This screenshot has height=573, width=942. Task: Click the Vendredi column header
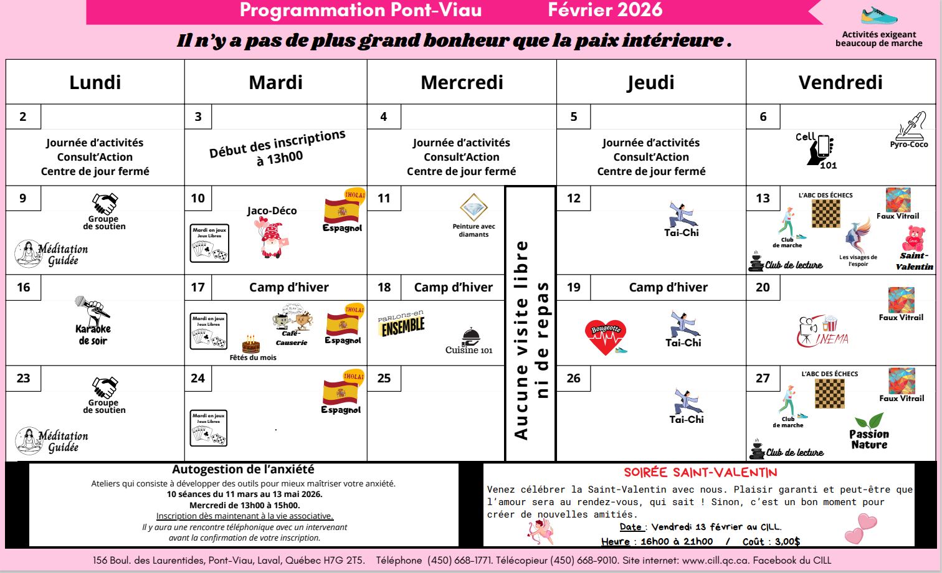840,82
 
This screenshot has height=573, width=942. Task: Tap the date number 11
384,198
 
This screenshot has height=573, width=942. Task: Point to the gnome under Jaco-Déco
271,238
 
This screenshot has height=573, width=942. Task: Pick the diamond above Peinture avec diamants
473,207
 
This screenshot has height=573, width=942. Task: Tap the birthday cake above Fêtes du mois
251,344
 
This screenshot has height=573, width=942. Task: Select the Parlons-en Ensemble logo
401,323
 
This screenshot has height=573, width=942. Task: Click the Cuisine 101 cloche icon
470,337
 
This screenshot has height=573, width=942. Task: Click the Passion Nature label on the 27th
869,438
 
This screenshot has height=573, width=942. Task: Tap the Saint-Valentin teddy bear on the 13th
913,239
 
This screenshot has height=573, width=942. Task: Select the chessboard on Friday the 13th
826,214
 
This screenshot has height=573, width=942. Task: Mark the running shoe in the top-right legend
879,16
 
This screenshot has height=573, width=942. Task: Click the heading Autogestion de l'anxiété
243,470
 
